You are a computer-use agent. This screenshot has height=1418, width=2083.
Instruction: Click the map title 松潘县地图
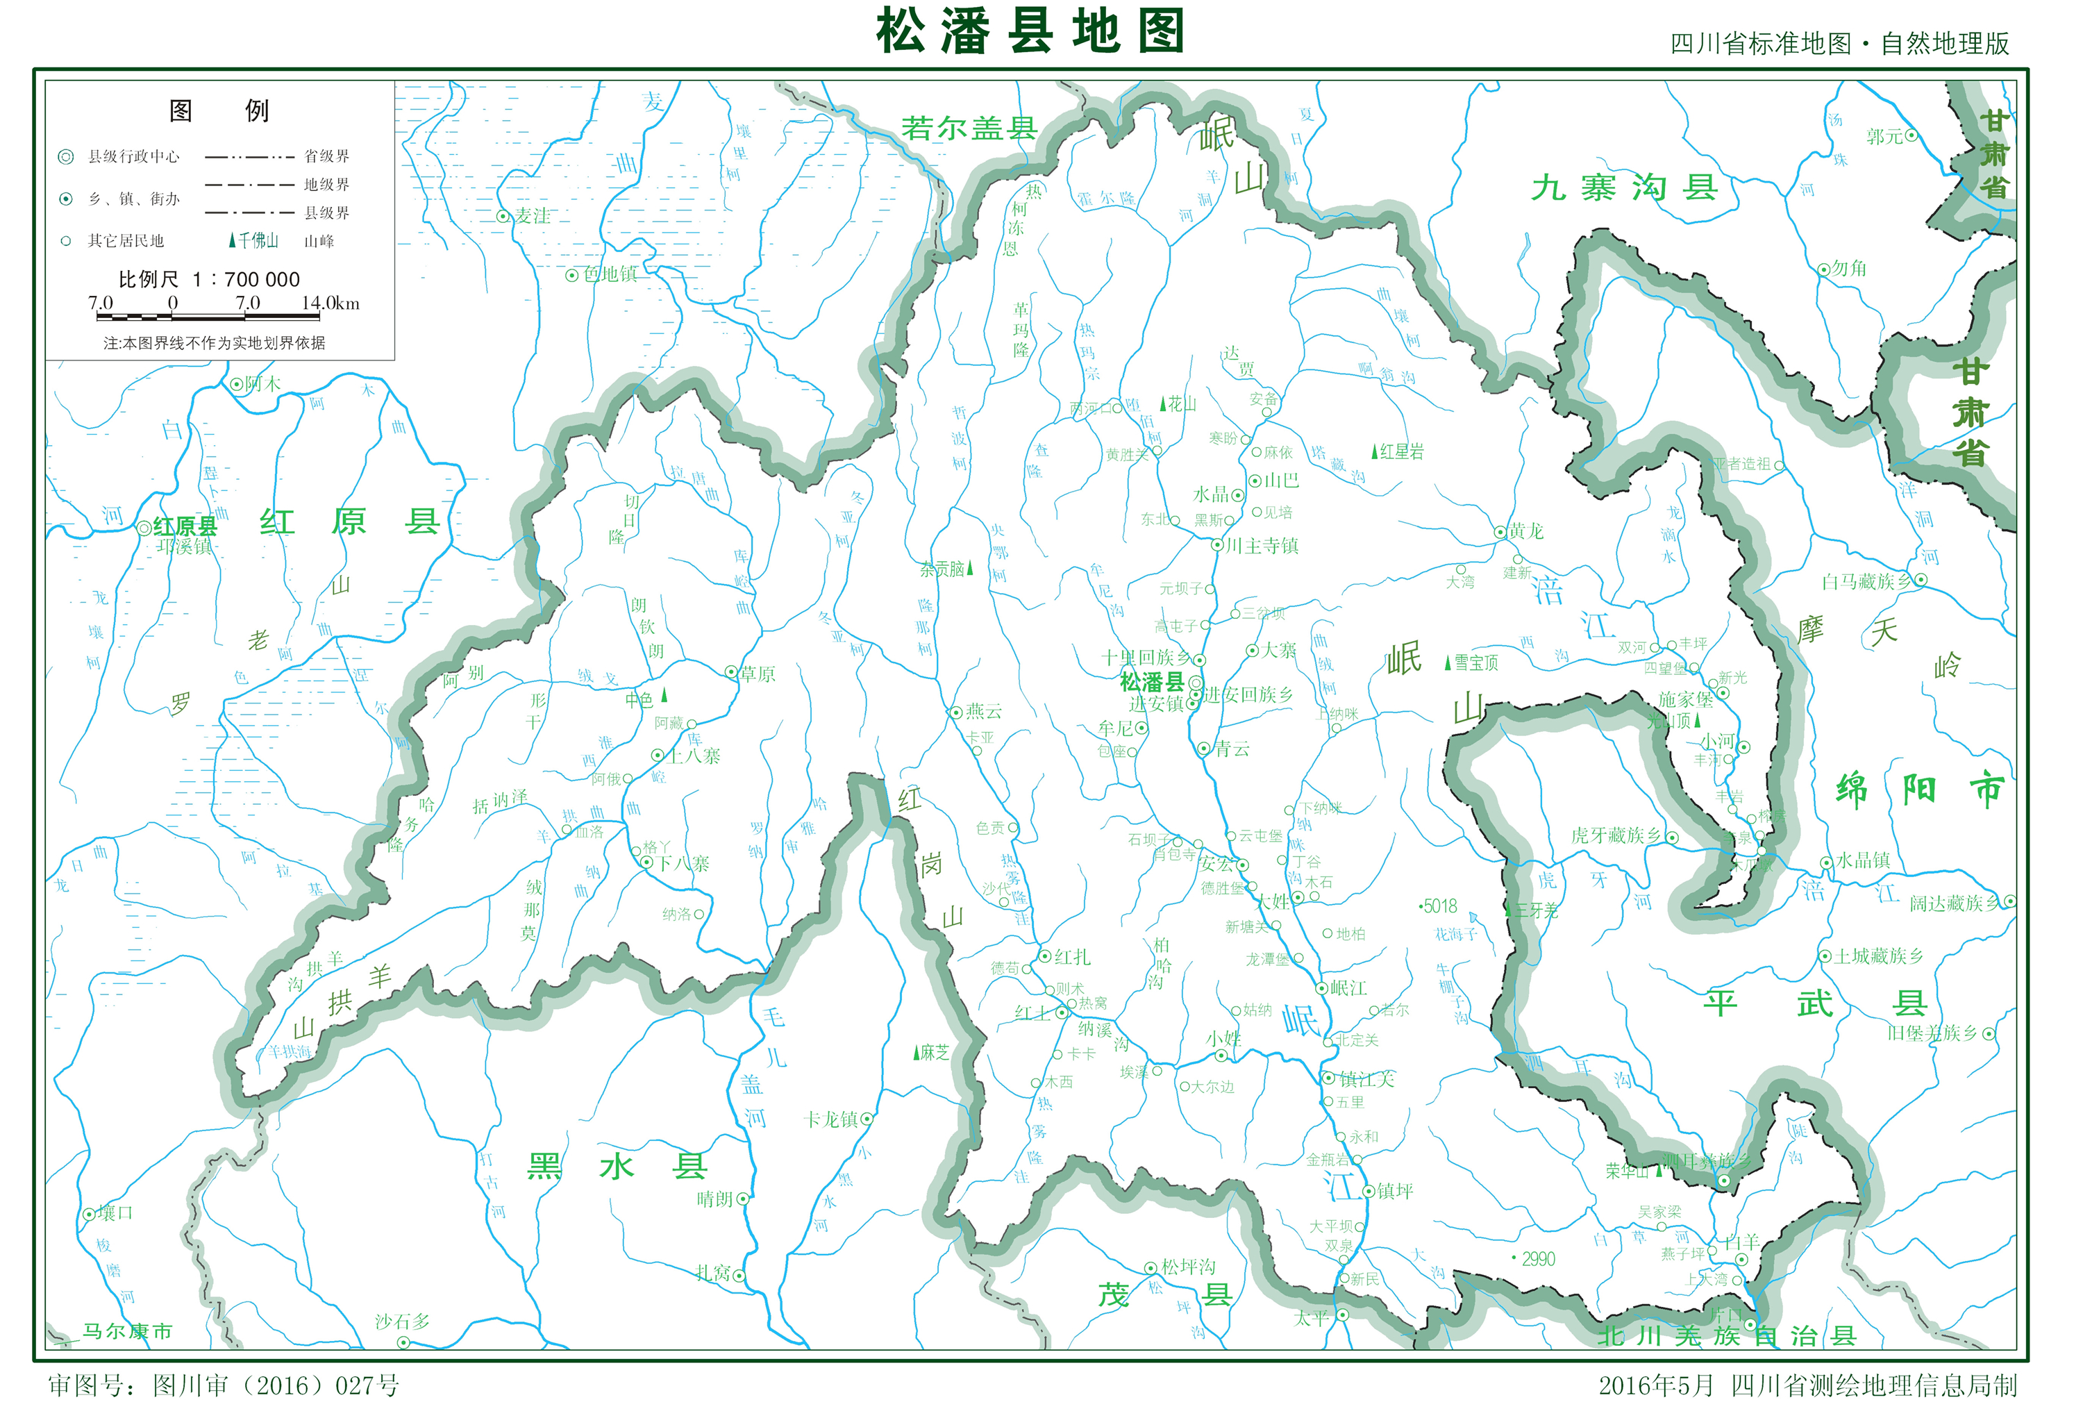(x=1031, y=32)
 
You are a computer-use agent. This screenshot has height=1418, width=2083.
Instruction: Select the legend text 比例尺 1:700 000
(x=210, y=278)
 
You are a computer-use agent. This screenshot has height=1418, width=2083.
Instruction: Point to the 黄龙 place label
(x=1525, y=531)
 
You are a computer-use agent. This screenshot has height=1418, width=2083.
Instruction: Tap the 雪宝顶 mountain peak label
(x=1475, y=662)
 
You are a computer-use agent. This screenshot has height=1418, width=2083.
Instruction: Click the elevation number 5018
(x=1439, y=906)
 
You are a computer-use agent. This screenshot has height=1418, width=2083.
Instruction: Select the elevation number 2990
(x=1538, y=1258)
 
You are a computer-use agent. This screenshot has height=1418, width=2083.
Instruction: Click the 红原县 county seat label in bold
(x=185, y=526)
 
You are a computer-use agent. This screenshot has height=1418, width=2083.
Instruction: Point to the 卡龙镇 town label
(x=831, y=1119)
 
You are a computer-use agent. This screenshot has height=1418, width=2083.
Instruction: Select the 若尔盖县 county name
(x=969, y=128)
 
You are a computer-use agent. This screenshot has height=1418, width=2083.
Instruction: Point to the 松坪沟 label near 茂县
(x=1189, y=1267)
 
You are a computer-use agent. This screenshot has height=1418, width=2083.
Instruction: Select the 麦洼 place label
(x=533, y=216)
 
